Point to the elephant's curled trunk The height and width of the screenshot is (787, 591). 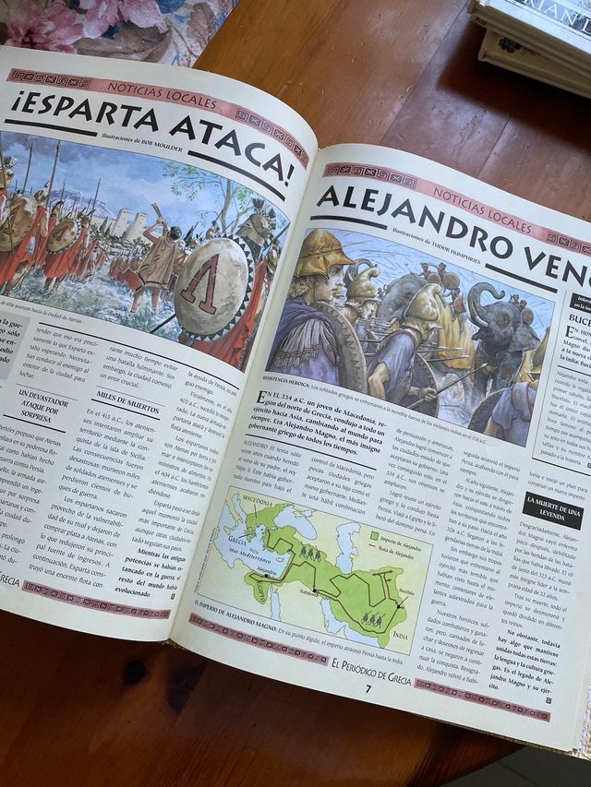(483, 304)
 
